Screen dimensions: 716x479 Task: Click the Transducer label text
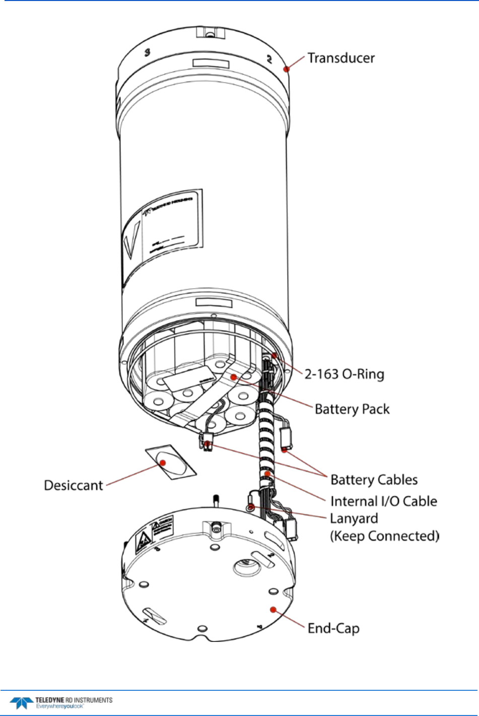[x=341, y=58]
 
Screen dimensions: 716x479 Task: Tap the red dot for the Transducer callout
[x=287, y=69]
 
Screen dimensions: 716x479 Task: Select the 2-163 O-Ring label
[x=344, y=374]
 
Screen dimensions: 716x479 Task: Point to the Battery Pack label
[x=352, y=409]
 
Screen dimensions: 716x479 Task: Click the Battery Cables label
[x=374, y=480]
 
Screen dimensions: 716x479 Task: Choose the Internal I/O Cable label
[x=383, y=501]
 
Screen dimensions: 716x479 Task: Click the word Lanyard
[x=354, y=518]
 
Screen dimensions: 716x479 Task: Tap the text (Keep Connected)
[x=384, y=536]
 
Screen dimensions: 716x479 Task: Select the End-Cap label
[x=333, y=628]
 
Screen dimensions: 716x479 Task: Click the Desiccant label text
[x=74, y=485]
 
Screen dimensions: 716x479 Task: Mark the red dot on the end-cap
[x=273, y=610]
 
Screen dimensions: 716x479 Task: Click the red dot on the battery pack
[x=233, y=376]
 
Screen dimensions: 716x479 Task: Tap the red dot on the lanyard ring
[x=250, y=507]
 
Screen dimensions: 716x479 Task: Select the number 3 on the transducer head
[x=148, y=52]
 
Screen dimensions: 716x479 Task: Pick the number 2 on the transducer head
[x=269, y=59]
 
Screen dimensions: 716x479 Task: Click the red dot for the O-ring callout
[x=275, y=356]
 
